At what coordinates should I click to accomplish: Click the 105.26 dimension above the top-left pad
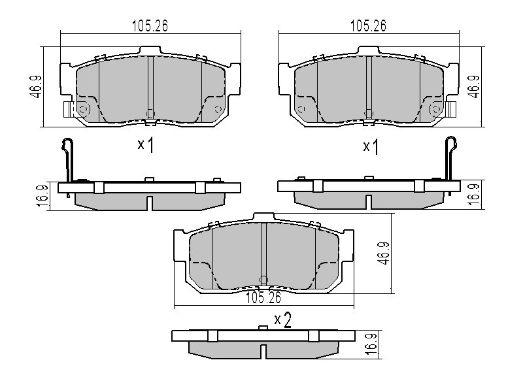150,25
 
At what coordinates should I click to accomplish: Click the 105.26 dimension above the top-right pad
368,25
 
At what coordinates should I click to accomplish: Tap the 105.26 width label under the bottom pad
263,298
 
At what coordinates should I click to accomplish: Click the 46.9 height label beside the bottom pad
384,253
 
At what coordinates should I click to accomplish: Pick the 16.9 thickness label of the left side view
43,196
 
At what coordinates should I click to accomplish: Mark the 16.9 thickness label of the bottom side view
371,344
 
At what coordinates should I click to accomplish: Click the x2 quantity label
283,320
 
